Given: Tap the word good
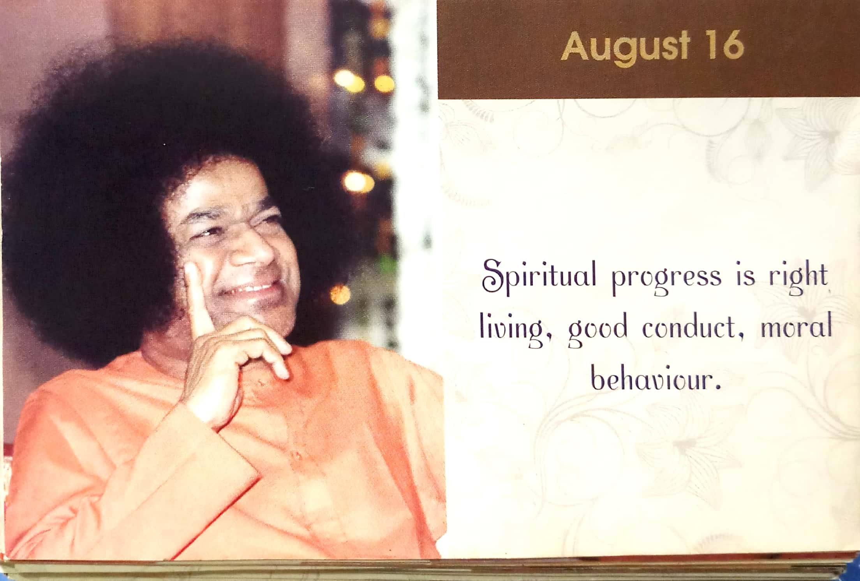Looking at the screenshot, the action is [598, 331].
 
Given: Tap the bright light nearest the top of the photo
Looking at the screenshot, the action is [349, 80].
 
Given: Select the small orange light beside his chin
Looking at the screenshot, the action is [340, 294].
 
